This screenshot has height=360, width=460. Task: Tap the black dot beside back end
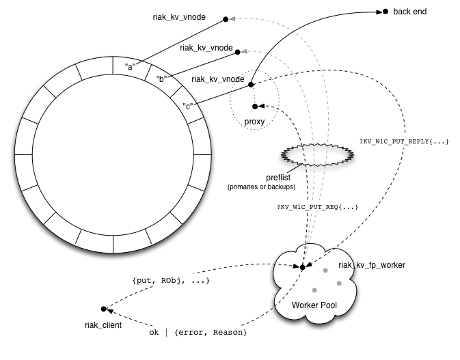(x=385, y=12)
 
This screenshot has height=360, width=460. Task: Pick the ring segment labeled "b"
(x=161, y=79)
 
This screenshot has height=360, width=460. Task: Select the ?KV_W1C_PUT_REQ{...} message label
(x=317, y=206)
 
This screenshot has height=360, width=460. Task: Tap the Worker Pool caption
(x=315, y=303)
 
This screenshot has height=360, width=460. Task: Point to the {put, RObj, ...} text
(x=170, y=281)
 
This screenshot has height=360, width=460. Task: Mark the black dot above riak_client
(x=103, y=309)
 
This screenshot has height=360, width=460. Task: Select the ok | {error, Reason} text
(x=198, y=333)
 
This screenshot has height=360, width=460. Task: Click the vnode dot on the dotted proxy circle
(x=250, y=85)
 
